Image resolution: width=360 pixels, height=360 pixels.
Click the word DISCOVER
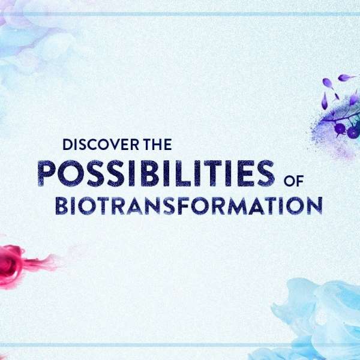[101, 145]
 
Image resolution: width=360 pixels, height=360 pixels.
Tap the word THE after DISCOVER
[158, 145]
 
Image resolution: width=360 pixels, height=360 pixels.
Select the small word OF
[293, 181]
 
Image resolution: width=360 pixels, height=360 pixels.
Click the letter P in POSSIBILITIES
[47, 173]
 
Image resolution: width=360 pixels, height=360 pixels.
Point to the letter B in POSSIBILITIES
[149, 173]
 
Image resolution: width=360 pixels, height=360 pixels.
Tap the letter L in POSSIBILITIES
[184, 173]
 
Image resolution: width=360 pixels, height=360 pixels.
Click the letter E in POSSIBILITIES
[245, 173]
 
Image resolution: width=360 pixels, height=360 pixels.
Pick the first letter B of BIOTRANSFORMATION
[62, 206]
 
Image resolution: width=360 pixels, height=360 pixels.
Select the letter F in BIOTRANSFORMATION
[183, 206]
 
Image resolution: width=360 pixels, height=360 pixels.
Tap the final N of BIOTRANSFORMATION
[314, 206]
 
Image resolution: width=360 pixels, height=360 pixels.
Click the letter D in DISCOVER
[68, 145]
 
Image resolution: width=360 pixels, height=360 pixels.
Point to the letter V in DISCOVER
[115, 145]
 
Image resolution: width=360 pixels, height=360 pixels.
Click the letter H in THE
[158, 145]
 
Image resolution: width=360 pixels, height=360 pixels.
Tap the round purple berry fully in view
[340, 128]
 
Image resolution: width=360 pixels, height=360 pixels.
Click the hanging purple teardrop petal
[324, 101]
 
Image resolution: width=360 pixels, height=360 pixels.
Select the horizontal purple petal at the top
[346, 77]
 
